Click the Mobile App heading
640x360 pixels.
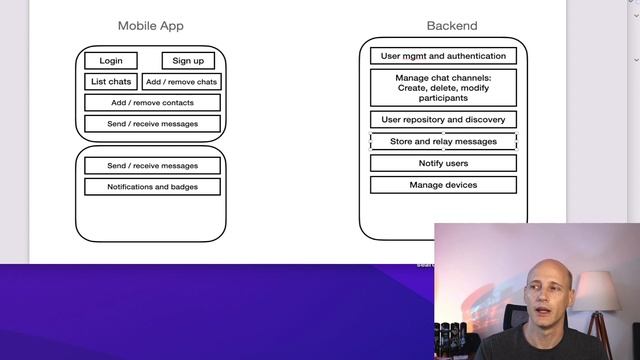coord(151,26)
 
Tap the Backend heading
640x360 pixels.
coord(452,26)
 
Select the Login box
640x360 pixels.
coord(111,61)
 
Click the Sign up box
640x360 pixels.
coord(188,61)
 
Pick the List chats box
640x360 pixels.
coord(111,82)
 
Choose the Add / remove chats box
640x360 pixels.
coord(181,82)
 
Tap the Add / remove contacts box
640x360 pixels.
coord(152,103)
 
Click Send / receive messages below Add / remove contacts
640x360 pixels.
coord(152,124)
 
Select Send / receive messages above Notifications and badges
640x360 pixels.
coord(152,166)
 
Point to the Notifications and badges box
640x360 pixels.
coord(152,187)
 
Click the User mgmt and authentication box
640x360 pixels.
coord(443,56)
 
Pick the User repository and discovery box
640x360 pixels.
coord(443,120)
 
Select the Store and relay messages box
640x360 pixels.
coord(443,142)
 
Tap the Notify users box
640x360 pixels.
coord(443,163)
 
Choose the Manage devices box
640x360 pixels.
coord(443,185)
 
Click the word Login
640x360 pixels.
coord(111,61)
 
